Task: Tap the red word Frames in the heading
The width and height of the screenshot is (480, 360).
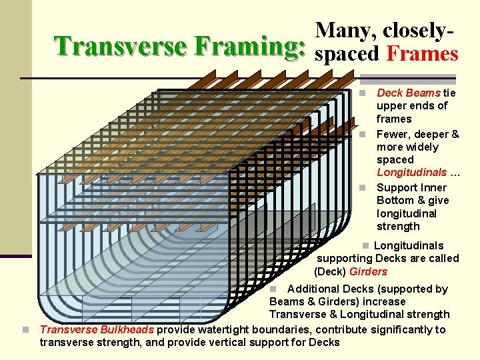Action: coord(422,53)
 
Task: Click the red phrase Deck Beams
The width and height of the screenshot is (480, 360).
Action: coord(408,93)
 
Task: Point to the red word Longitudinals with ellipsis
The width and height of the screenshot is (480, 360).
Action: coord(411,173)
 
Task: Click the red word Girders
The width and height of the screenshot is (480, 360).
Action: coord(368,271)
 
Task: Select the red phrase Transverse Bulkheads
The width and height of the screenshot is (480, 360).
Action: coord(97,329)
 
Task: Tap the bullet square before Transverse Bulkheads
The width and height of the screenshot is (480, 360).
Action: coord(25,330)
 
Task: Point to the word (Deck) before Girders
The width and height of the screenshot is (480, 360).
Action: coord(330,271)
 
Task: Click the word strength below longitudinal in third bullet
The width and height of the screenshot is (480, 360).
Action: coord(398,226)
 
